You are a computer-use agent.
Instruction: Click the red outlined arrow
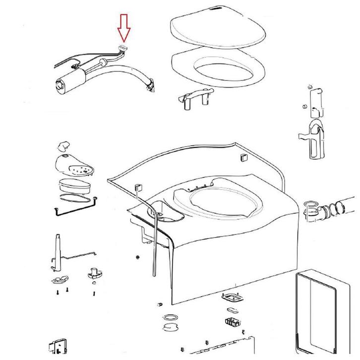pyautogui.click(x=123, y=28)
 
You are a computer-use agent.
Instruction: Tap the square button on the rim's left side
pyautogui.click(x=138, y=187)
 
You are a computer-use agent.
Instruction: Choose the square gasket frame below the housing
pyautogui.click(x=230, y=299)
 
